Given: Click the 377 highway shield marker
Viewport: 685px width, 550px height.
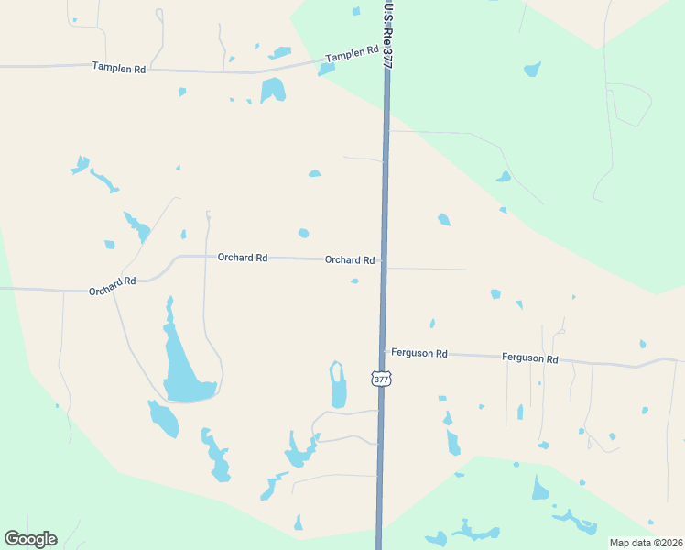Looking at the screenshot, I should pyautogui.click(x=381, y=378).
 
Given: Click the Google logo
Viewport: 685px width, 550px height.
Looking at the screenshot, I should pyautogui.click(x=30, y=539).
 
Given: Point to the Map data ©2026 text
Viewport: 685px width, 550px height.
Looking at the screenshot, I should pyautogui.click(x=646, y=543).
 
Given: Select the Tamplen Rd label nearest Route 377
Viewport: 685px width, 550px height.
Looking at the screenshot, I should pyautogui.click(x=352, y=55).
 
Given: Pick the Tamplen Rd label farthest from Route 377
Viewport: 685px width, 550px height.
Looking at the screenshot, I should pyautogui.click(x=119, y=68).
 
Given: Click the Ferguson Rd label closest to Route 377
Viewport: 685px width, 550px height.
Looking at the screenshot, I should pyautogui.click(x=419, y=353).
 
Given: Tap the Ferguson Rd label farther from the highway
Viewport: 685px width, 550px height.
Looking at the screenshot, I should pyautogui.click(x=530, y=358).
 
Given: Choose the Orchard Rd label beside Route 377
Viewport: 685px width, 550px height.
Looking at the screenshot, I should pyautogui.click(x=350, y=260).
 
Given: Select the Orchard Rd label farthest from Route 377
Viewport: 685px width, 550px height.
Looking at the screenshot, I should pyautogui.click(x=113, y=286).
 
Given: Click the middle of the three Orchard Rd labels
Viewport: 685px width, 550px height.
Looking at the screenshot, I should pyautogui.click(x=243, y=258).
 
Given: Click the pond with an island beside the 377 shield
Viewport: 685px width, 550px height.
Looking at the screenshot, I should pyautogui.click(x=338, y=385).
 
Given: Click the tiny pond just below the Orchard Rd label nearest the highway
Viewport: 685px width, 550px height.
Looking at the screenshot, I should pyautogui.click(x=354, y=281).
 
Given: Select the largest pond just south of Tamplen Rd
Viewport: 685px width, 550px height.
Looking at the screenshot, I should pyautogui.click(x=272, y=90).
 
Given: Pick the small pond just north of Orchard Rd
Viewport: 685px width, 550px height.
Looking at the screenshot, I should pyautogui.click(x=303, y=233).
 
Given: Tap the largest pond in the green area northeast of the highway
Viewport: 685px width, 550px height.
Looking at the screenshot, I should pyautogui.click(x=532, y=70).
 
